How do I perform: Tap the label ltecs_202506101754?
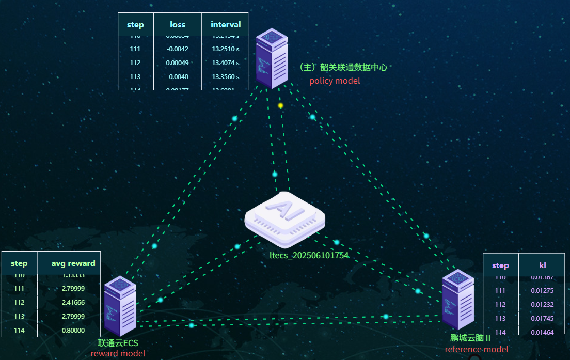coord(309,255)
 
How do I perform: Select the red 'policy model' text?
coord(335,81)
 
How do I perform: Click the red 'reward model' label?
coord(118,353)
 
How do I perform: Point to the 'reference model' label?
coord(477,349)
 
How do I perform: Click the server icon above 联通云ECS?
coord(120,307)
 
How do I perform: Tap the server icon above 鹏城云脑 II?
coord(457,300)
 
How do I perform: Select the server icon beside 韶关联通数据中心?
coord(272,58)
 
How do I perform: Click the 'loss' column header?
coord(178,25)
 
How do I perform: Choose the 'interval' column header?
coord(226,25)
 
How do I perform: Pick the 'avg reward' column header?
coord(73,263)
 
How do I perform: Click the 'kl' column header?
coord(543,265)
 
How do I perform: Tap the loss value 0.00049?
coord(178,63)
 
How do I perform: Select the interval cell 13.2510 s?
coord(226,49)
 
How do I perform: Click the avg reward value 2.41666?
coord(73,303)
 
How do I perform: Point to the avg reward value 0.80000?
coord(73,331)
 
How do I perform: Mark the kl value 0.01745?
coord(542,318)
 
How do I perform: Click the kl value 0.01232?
coord(542,304)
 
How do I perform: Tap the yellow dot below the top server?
coord(281,105)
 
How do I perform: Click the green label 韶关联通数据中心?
coord(343,68)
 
